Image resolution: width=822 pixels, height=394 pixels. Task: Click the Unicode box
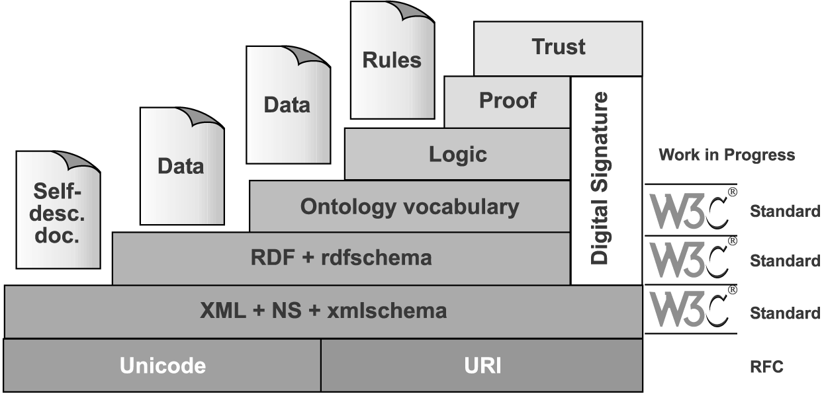162,366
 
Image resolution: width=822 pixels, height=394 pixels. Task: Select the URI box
482,366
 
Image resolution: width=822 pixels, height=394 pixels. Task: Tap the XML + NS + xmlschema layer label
323,311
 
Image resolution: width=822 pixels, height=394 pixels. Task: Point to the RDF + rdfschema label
341,257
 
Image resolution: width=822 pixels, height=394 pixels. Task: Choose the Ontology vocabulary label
410,207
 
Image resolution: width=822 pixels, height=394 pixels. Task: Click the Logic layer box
457,154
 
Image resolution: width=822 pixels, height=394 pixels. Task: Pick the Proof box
507,102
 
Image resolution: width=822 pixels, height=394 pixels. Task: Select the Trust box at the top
558,48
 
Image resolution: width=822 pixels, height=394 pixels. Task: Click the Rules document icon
392,60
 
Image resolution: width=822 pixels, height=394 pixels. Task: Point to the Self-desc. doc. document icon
58,210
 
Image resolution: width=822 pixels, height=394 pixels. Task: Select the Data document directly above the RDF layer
183,166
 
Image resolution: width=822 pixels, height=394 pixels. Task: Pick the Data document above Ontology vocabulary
289,105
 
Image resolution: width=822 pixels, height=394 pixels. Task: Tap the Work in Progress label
727,155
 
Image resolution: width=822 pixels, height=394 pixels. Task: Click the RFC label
766,366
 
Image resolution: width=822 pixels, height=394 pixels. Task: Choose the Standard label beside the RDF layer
785,261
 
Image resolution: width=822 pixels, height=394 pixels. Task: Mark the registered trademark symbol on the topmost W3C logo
733,192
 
